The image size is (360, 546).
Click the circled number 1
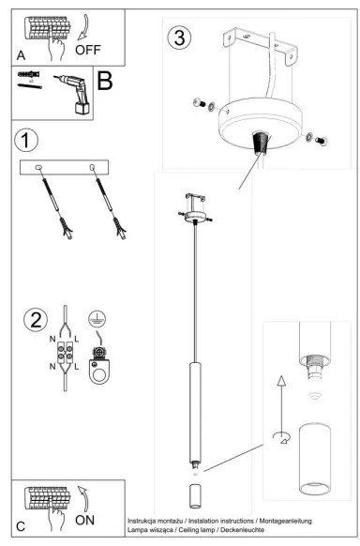(28, 141)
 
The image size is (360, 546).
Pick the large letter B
(105, 81)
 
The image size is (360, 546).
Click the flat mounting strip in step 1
(65, 167)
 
